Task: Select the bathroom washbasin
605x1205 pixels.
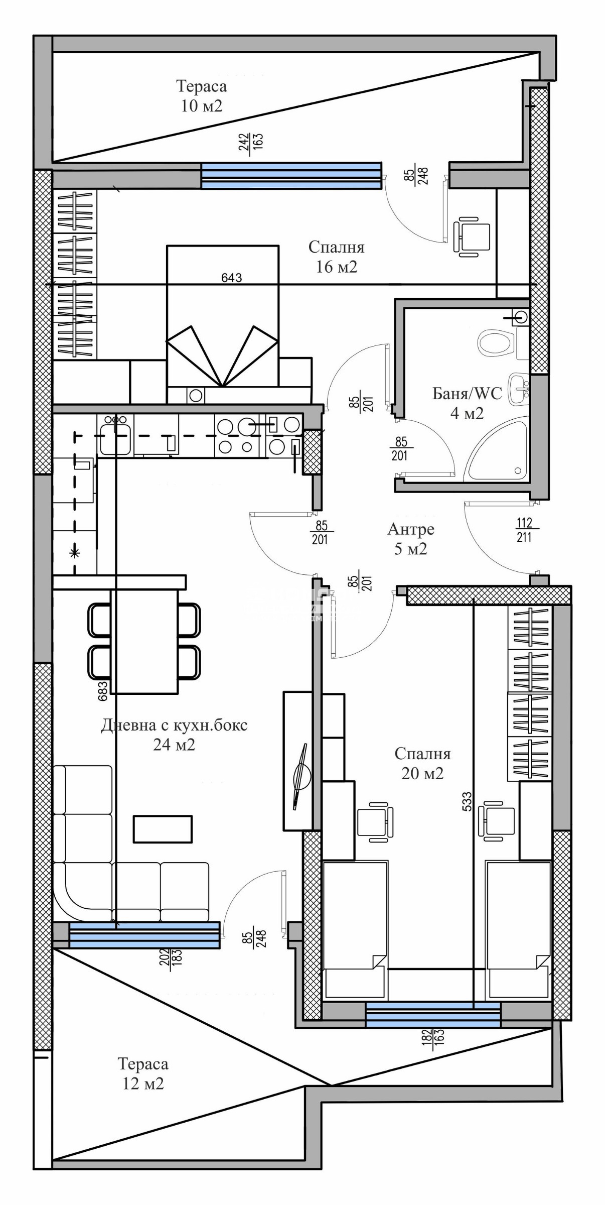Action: point(519,389)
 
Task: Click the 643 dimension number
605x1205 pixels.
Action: point(232,278)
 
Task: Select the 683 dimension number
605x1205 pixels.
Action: point(102,691)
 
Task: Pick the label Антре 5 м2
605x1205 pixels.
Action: point(410,539)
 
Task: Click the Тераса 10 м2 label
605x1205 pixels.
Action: point(202,95)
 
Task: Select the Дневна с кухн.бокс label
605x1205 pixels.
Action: point(174,725)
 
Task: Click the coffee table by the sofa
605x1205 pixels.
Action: point(163,828)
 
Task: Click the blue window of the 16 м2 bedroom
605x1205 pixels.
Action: point(291,176)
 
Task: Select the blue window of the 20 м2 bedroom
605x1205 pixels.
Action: point(433,1014)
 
